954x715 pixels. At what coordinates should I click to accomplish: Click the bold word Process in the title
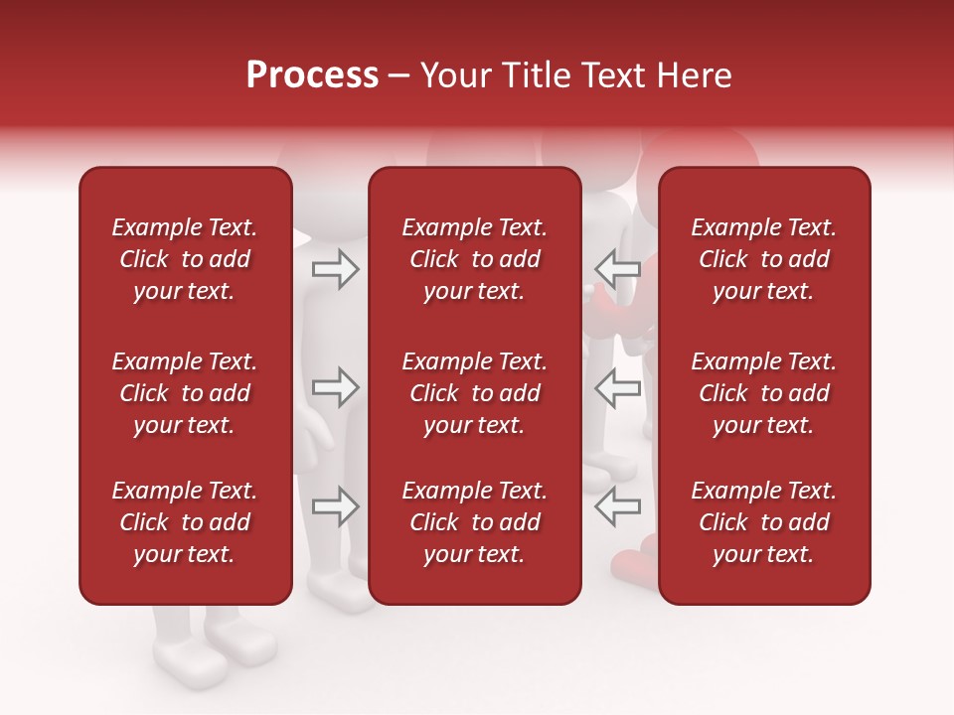[x=312, y=75]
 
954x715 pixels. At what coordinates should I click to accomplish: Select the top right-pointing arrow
[x=335, y=269]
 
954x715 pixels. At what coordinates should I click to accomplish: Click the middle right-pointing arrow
[x=335, y=387]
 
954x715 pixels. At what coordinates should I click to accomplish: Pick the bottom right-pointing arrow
[x=335, y=507]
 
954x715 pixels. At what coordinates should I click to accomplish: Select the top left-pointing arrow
[x=618, y=269]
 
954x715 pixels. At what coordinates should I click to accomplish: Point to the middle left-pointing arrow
[x=618, y=387]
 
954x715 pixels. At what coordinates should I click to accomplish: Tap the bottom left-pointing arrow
[x=618, y=507]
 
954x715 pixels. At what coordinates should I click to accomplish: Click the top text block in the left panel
[x=185, y=259]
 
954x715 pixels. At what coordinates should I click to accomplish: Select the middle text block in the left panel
[x=185, y=393]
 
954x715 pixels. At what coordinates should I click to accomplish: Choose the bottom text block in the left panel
[x=185, y=522]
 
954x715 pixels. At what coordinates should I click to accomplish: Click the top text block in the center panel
[x=475, y=259]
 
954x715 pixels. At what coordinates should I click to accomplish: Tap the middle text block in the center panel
[x=475, y=393]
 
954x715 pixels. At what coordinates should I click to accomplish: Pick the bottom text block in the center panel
[x=475, y=522]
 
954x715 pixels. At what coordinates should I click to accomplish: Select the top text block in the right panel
[x=764, y=259]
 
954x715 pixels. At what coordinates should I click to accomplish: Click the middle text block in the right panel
[x=764, y=393]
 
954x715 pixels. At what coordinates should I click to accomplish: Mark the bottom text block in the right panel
[x=764, y=522]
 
